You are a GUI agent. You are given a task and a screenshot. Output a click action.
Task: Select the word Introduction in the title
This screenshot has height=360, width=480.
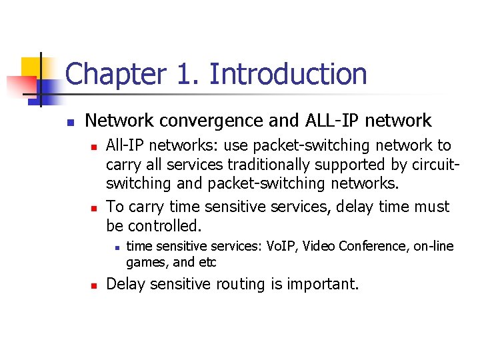tap(288, 74)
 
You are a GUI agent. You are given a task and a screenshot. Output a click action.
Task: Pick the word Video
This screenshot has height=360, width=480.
tap(320, 247)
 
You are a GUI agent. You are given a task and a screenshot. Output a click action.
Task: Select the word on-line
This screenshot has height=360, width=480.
tap(433, 247)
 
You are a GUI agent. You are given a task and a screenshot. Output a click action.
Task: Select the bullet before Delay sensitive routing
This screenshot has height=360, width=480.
tap(94, 285)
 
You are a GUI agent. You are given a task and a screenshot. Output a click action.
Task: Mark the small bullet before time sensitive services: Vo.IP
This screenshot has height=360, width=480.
tap(115, 247)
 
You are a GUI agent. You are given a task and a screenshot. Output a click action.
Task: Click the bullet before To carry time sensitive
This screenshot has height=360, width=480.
tap(94, 207)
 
